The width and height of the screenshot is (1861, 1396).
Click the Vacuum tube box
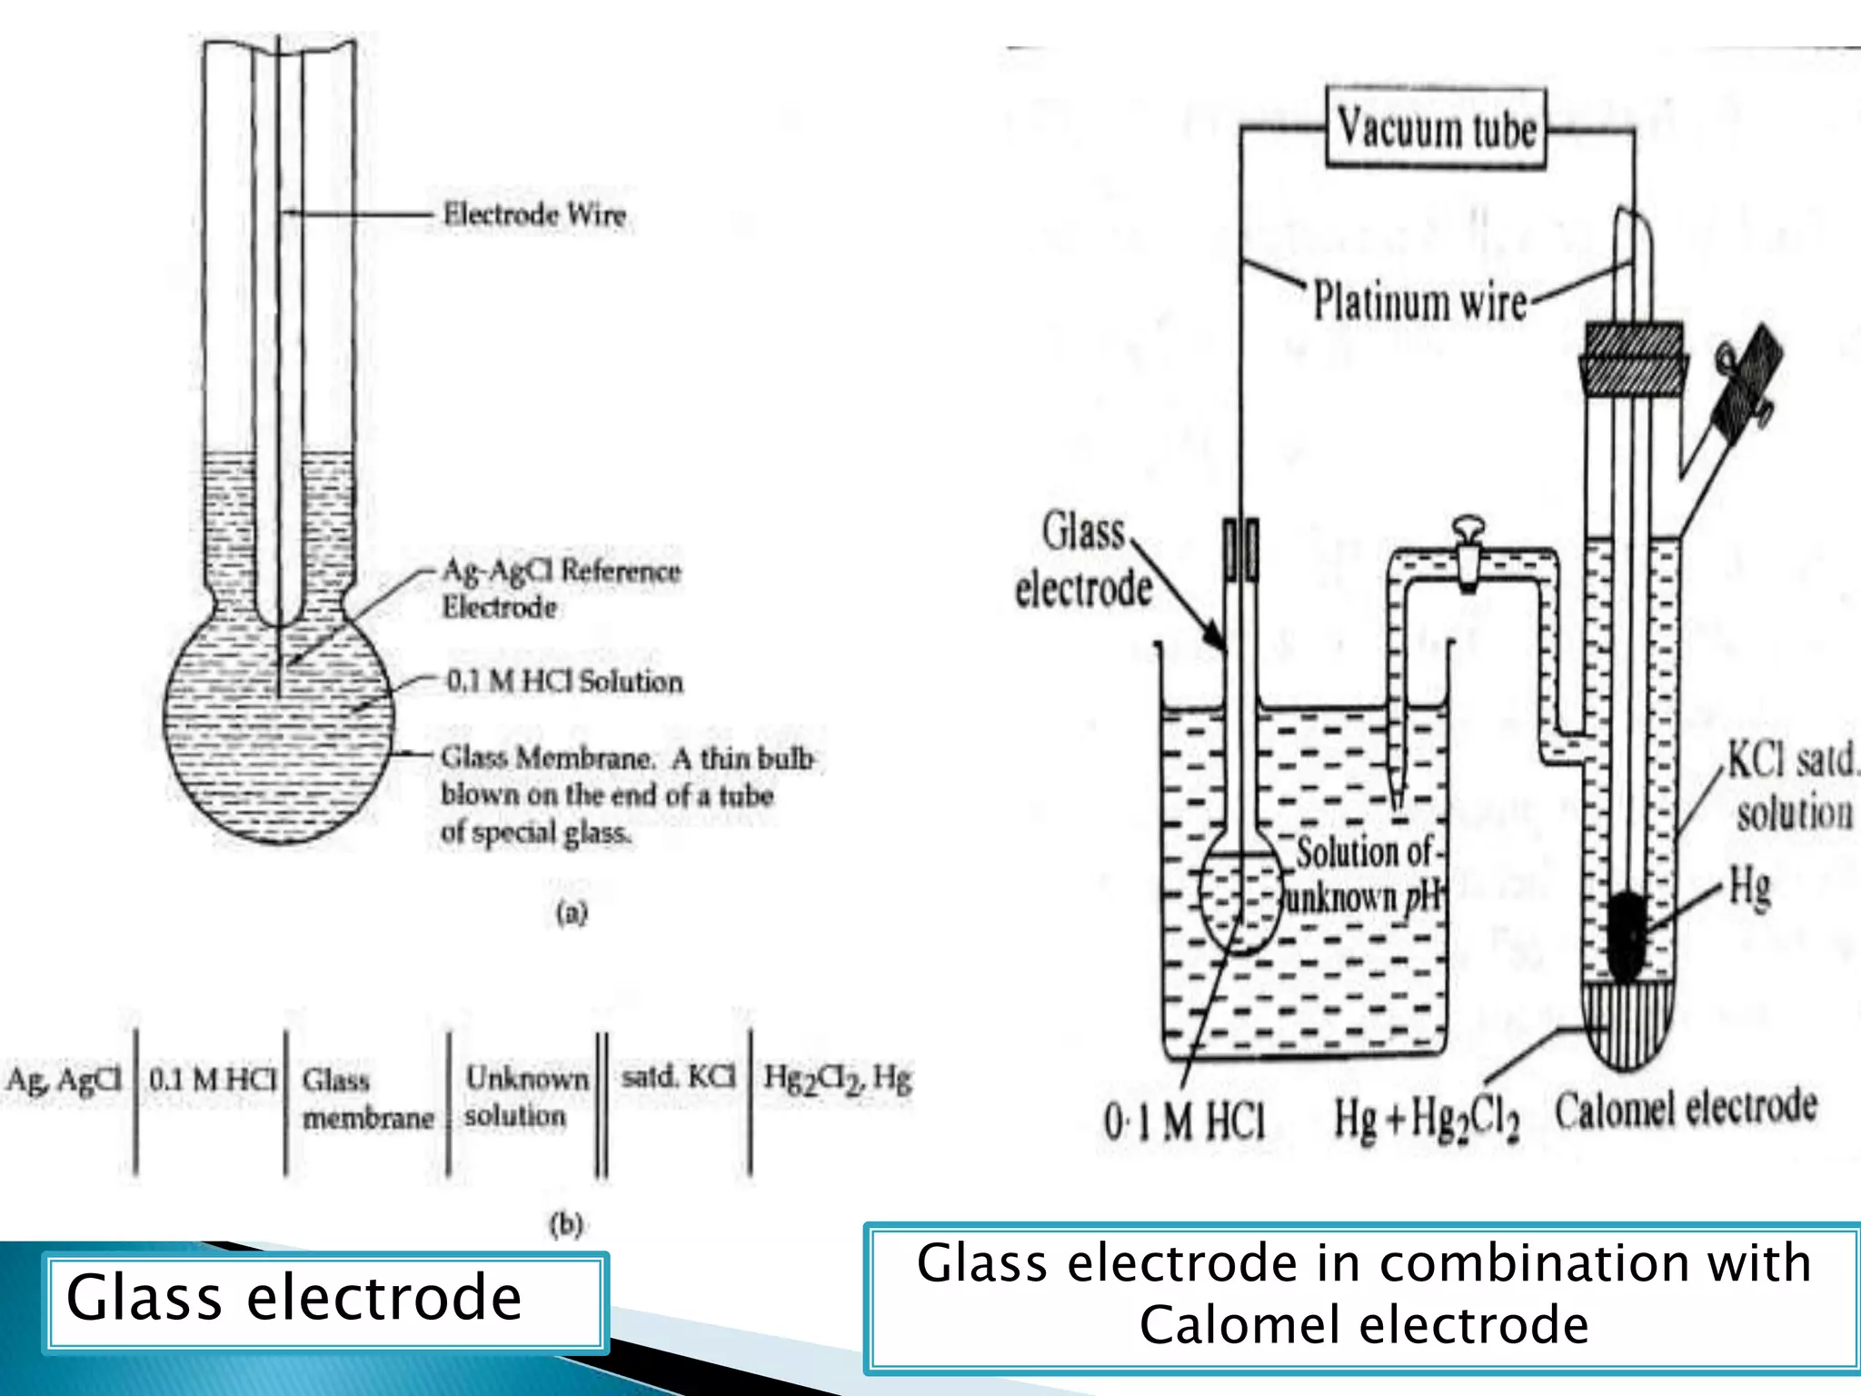pyautogui.click(x=1436, y=128)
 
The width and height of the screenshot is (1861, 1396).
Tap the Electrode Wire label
pyautogui.click(x=534, y=215)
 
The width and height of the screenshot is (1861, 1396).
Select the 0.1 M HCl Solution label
pyautogui.click(x=564, y=682)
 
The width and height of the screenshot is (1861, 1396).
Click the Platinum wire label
pyautogui.click(x=1419, y=301)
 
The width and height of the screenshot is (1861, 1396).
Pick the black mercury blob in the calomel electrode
pyautogui.click(x=1627, y=936)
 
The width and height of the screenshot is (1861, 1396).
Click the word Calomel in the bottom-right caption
pyautogui.click(x=1264, y=1325)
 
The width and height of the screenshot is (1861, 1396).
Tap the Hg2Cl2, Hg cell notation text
pyautogui.click(x=837, y=1078)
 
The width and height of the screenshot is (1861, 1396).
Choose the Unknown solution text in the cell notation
pyautogui.click(x=525, y=1097)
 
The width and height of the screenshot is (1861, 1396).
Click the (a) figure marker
pyautogui.click(x=572, y=912)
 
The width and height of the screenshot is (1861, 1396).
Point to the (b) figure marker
pyautogui.click(x=565, y=1224)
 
